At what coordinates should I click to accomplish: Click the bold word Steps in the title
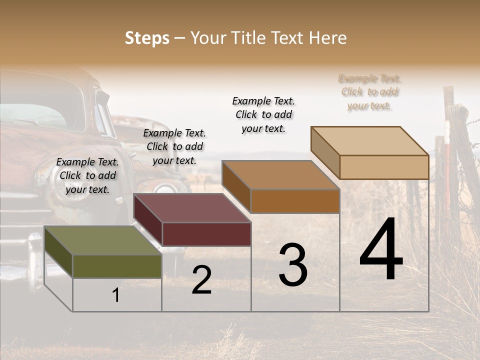click(147, 38)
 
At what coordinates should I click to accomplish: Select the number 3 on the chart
click(292, 265)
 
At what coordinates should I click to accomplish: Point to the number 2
click(201, 280)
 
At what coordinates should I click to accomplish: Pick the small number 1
click(116, 295)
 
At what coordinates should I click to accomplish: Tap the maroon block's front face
click(206, 234)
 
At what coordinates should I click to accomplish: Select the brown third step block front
click(294, 201)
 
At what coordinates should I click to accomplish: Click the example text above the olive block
click(87, 175)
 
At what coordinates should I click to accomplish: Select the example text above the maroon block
click(174, 146)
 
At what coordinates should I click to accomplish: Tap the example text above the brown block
click(263, 114)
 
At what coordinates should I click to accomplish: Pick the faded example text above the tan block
click(369, 92)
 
